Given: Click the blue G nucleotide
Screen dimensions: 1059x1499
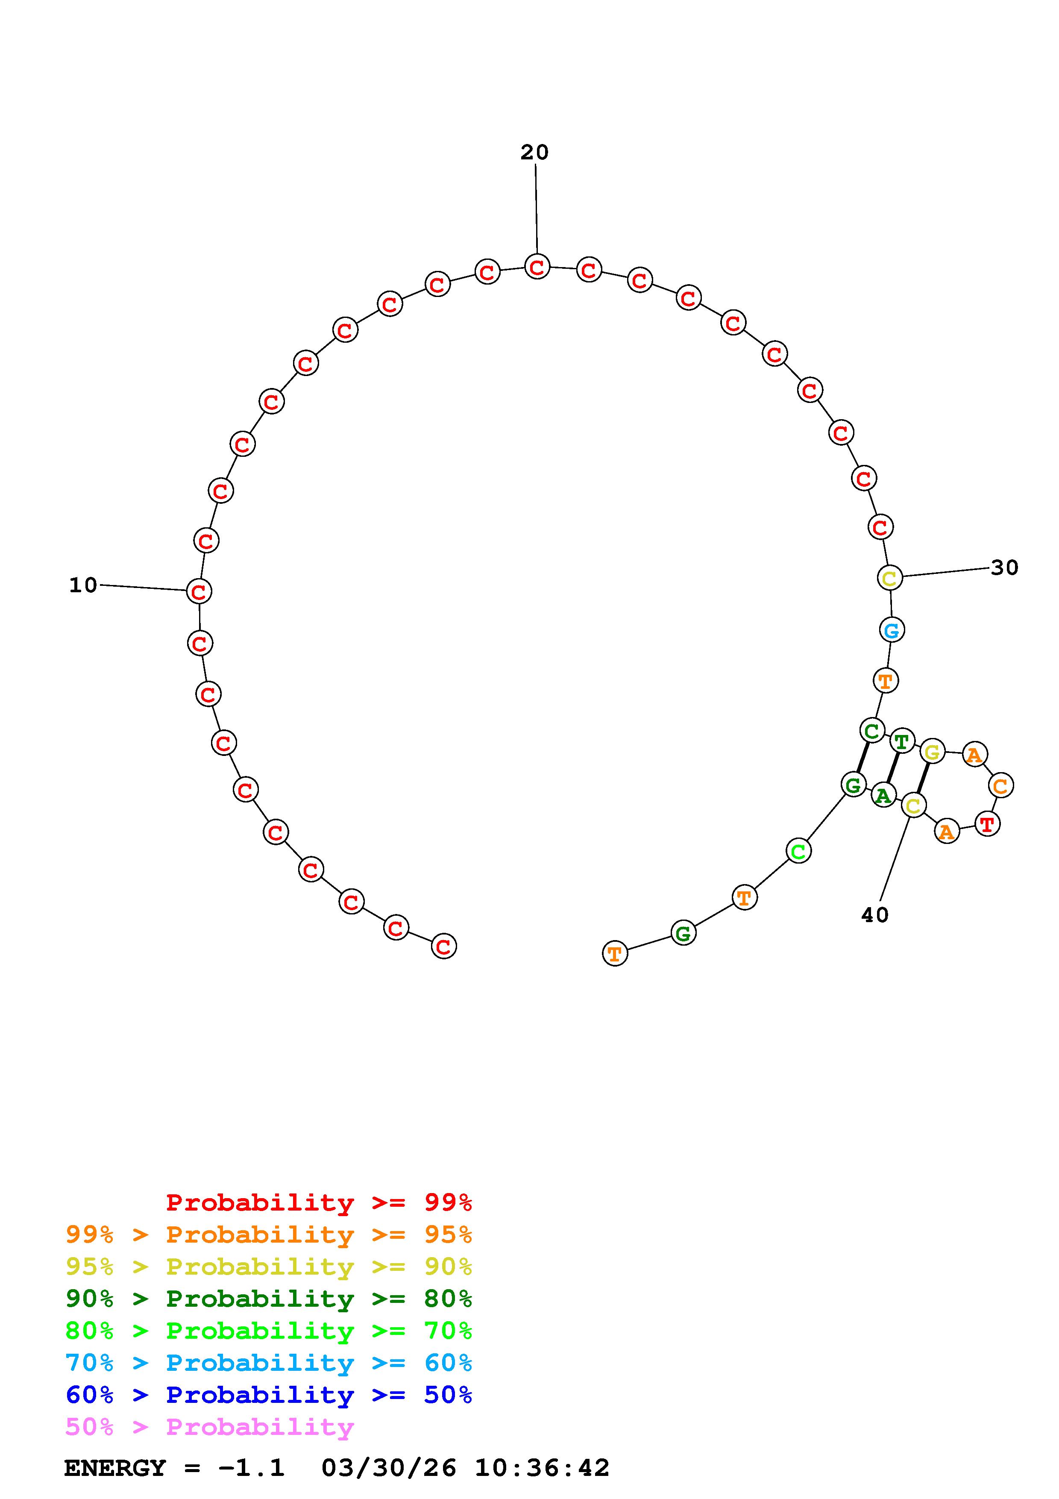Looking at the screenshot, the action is (891, 630).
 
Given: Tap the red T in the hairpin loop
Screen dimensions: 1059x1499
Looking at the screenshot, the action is (987, 824).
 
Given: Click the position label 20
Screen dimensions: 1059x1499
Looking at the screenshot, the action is (534, 152).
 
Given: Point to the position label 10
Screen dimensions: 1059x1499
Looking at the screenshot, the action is (83, 585).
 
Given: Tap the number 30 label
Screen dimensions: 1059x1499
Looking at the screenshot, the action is (1005, 567).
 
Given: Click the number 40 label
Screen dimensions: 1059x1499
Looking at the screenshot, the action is (875, 915).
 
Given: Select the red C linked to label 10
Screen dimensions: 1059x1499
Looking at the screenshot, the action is (199, 591).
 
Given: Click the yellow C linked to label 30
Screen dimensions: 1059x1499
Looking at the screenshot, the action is (890, 577).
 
